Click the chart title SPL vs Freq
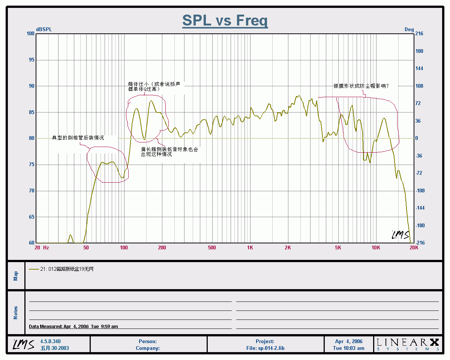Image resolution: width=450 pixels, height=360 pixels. (x=225, y=20)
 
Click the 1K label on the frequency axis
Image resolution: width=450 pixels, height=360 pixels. (x=250, y=247)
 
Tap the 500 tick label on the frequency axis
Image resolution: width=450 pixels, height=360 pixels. (x=212, y=247)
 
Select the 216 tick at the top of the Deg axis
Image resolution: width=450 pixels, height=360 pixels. (x=419, y=34)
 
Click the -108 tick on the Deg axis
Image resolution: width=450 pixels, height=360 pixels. (x=420, y=190)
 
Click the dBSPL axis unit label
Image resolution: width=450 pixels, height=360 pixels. (x=44, y=29)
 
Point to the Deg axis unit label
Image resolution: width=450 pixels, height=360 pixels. (x=409, y=29)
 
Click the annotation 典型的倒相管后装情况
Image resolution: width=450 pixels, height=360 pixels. (x=78, y=138)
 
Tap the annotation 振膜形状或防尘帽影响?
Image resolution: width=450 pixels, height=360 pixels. (x=361, y=86)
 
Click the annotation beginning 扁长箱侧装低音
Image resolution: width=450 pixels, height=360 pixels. (x=169, y=151)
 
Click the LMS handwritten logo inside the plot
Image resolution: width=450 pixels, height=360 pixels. (x=400, y=234)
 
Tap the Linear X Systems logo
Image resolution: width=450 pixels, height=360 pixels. (x=408, y=344)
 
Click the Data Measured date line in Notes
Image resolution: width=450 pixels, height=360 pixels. (x=73, y=327)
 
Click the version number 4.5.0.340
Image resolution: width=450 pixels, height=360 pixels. (x=50, y=341)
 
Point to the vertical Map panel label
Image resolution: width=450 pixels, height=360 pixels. (x=16, y=276)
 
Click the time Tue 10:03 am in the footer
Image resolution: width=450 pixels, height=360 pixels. (x=349, y=348)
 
